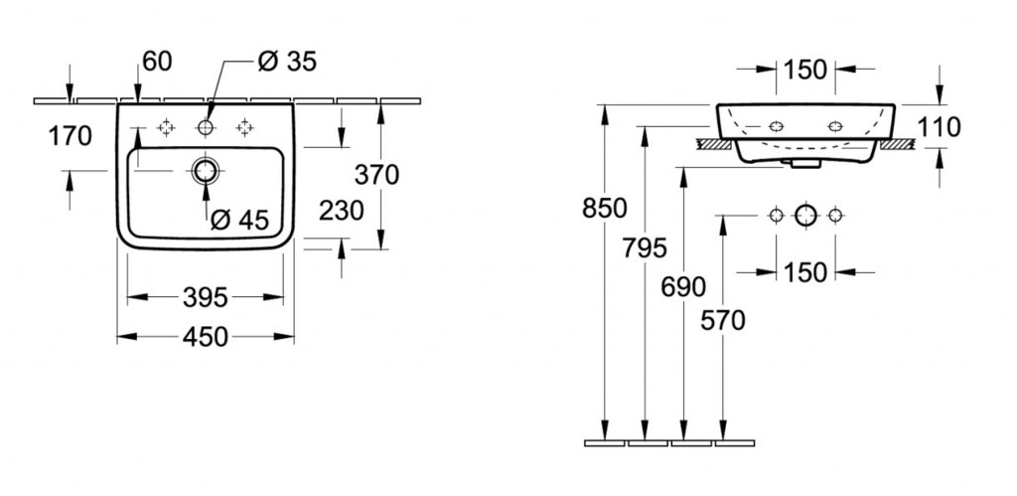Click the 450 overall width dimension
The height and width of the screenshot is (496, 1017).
coord(207,337)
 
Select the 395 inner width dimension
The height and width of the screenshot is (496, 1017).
coord(207,296)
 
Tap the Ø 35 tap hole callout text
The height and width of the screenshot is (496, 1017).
coord(286,62)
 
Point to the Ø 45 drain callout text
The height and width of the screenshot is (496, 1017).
coord(239,220)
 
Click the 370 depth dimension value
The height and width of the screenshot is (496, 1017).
coord(377,175)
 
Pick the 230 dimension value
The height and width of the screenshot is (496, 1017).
coord(342,210)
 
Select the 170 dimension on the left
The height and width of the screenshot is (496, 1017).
coord(70,135)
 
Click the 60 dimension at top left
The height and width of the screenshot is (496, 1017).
coord(157,62)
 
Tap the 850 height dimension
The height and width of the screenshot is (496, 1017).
coord(605,208)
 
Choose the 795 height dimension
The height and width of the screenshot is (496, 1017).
coord(646,248)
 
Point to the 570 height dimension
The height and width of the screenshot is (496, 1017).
coord(723,319)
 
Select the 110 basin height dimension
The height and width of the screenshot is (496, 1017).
coord(941,126)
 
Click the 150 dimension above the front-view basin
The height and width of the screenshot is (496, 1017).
coord(804,69)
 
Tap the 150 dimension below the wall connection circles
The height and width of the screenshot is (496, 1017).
coord(804,270)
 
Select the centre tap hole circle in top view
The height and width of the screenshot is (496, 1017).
coord(207,127)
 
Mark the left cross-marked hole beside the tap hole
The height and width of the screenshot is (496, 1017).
coord(167,127)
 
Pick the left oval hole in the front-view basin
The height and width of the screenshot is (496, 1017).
coord(776,127)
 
